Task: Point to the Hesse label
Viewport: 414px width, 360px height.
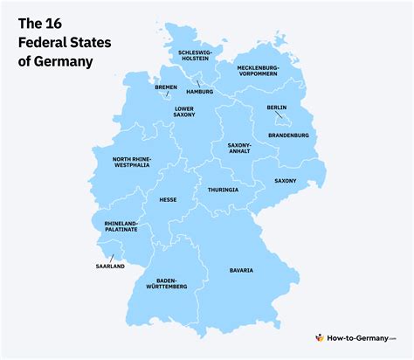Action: (x=169, y=199)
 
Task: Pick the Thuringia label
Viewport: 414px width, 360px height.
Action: (x=222, y=190)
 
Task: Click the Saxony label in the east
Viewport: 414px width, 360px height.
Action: (x=285, y=181)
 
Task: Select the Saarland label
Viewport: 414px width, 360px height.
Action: (x=109, y=267)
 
